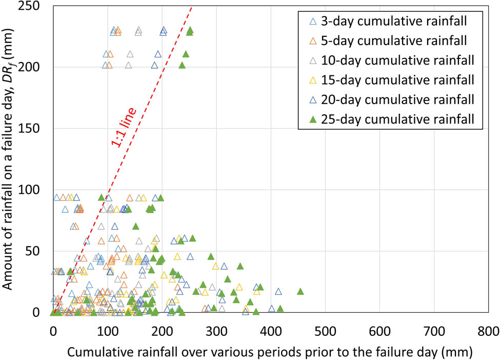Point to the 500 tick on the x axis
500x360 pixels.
point(325,329)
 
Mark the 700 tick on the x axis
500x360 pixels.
point(433,329)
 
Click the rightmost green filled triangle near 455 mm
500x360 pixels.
point(301,291)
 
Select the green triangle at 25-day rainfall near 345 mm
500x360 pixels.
point(240,266)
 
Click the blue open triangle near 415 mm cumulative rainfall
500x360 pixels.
point(278,291)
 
